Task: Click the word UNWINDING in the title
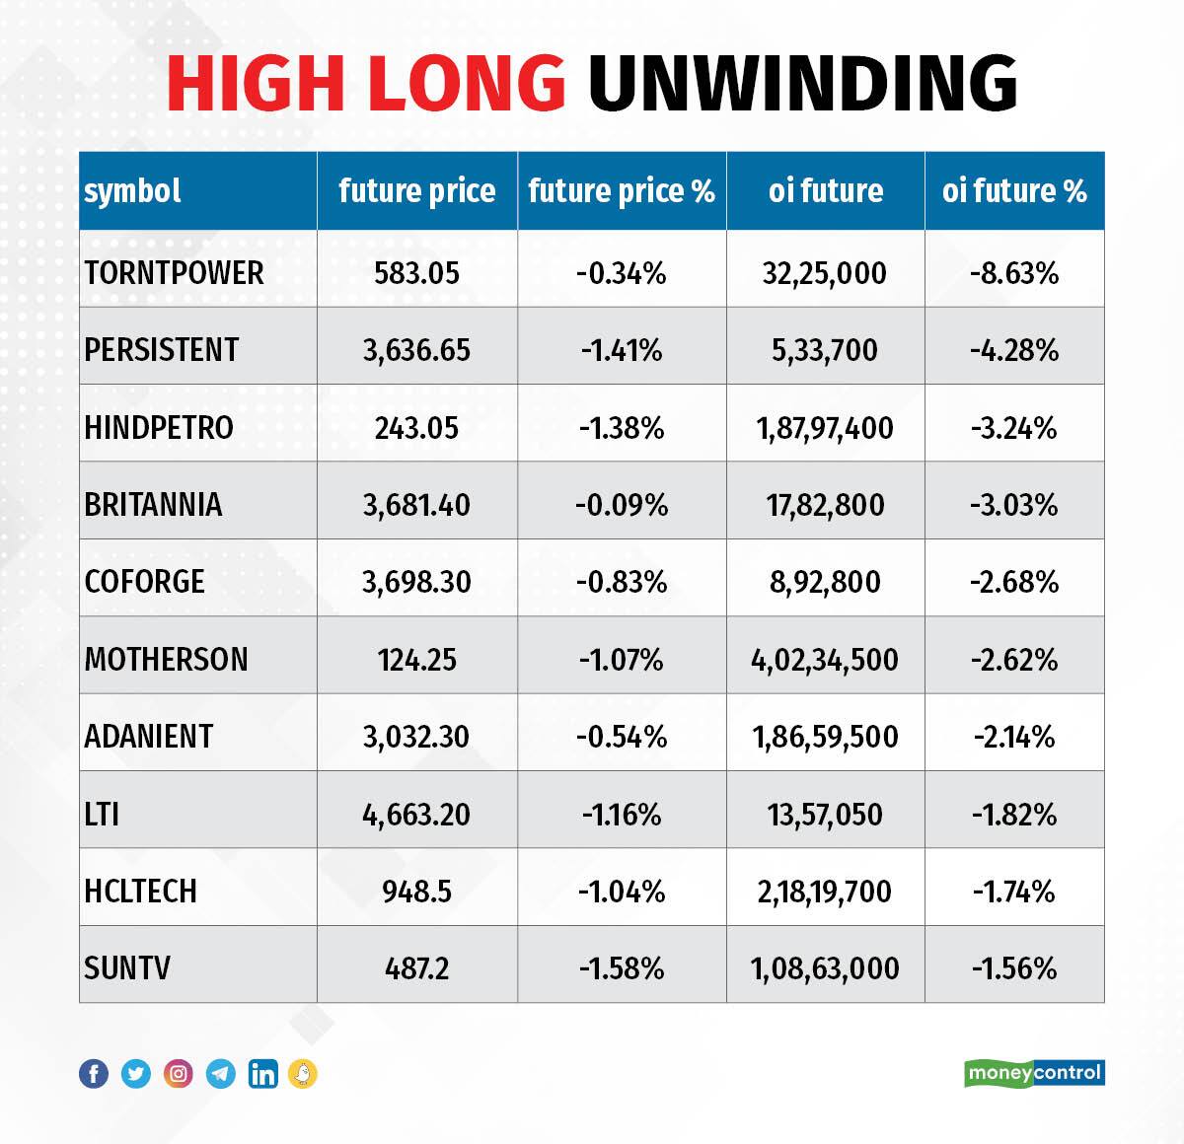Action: coord(802,82)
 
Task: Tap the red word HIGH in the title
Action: coord(259,82)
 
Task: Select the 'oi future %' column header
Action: coord(1014,190)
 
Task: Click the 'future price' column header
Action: coord(416,190)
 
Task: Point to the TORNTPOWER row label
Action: coord(174,273)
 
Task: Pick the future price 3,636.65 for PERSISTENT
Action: coord(416,350)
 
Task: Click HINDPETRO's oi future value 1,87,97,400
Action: coord(825,428)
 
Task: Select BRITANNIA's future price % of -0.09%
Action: coord(622,505)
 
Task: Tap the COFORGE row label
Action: coord(145,582)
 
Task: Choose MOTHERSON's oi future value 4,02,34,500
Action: coord(825,659)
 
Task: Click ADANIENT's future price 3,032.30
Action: coord(416,737)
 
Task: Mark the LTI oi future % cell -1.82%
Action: coord(1014,815)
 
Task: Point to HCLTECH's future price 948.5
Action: coord(416,892)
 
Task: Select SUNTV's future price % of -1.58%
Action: coord(622,968)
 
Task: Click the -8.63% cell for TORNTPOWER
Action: coord(1014,273)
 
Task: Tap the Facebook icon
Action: coord(94,1074)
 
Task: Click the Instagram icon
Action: coord(179,1074)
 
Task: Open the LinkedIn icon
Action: coord(262,1074)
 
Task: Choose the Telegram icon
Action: coord(221,1074)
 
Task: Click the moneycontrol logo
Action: coord(1034,1073)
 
